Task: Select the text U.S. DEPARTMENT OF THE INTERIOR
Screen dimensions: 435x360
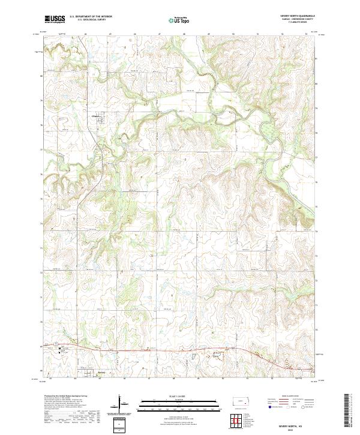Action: (x=91, y=17)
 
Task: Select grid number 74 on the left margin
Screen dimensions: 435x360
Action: (x=41, y=224)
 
